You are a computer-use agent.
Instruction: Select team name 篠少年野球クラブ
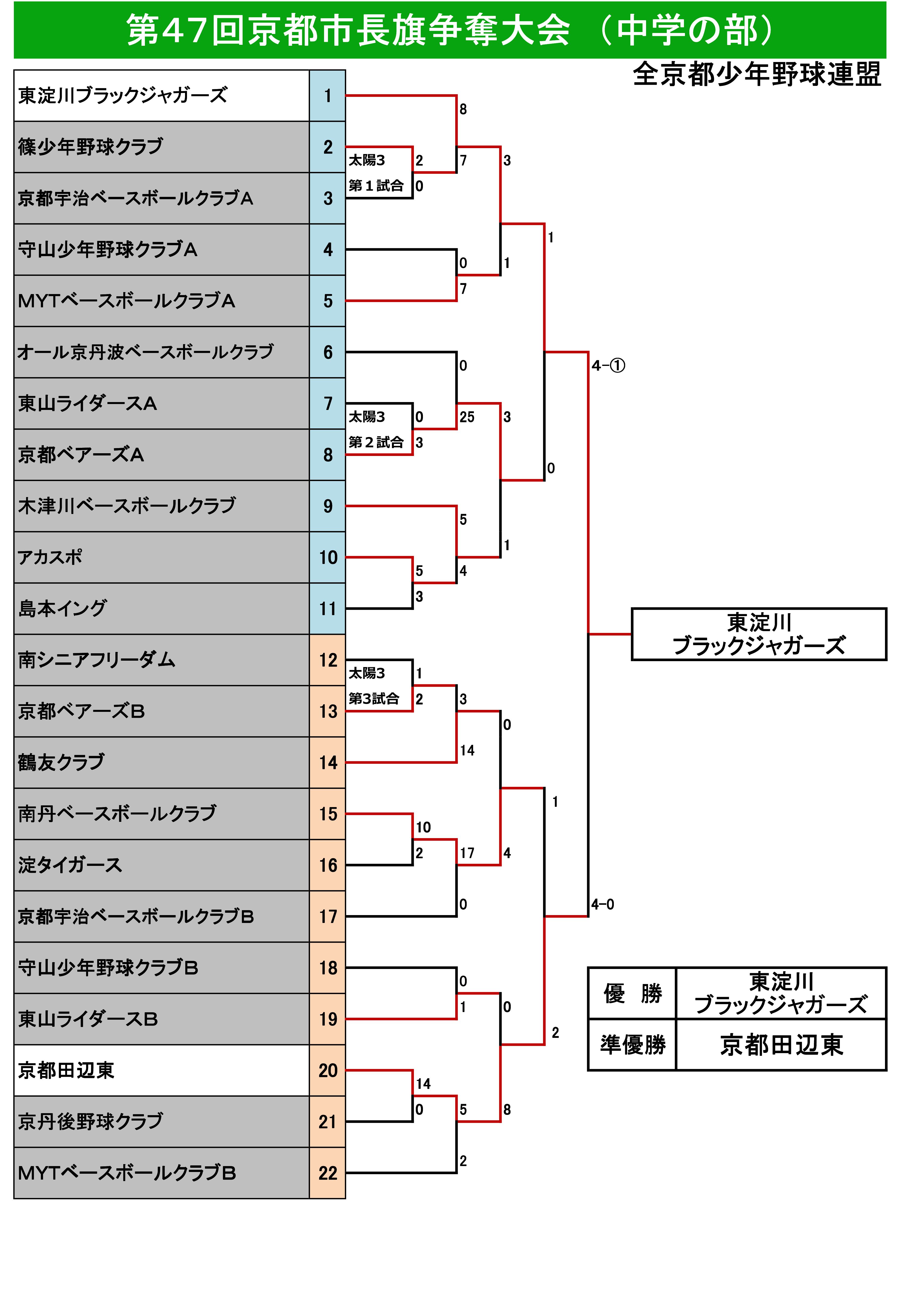coord(90,147)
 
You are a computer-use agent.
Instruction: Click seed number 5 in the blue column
coord(328,301)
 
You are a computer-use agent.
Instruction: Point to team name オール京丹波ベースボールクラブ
coord(146,353)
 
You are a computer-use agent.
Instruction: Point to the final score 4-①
coord(608,366)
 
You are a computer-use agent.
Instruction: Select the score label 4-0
coord(603,905)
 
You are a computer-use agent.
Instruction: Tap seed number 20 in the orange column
coord(328,1071)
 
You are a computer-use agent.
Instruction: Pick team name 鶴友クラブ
coord(61,763)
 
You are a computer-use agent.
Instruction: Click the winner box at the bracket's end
coord(759,635)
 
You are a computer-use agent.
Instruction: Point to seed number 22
coord(328,1173)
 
